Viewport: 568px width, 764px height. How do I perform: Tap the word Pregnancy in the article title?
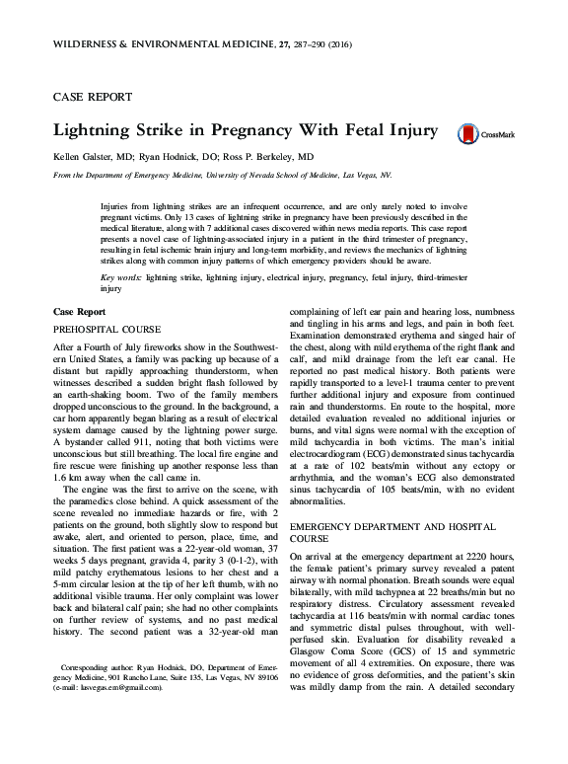(x=260, y=131)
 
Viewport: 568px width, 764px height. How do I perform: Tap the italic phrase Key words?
(x=120, y=279)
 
